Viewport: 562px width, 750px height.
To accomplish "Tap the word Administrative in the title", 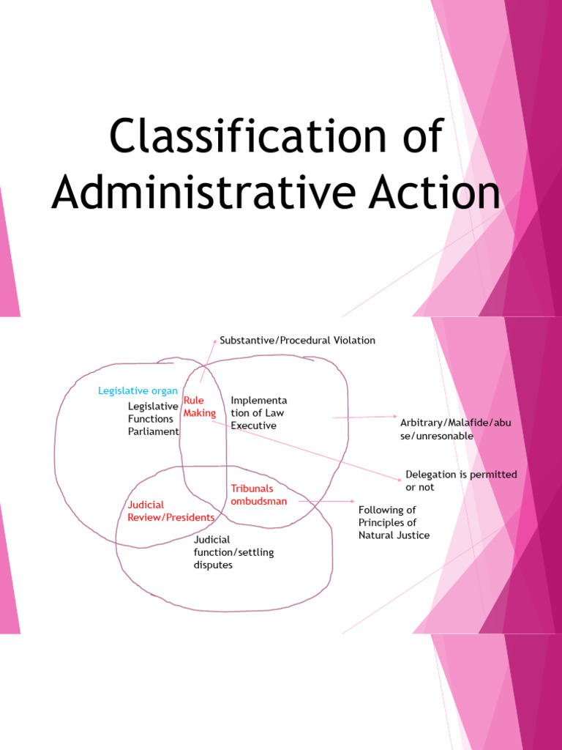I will (x=197, y=193).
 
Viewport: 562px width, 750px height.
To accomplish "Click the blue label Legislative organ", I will (x=138, y=391).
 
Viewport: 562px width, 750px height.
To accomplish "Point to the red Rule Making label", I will (x=199, y=407).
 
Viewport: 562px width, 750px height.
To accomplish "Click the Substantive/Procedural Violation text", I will (x=297, y=341).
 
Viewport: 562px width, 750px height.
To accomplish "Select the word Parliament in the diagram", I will (x=153, y=431).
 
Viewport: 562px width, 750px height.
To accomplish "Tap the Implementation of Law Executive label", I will (x=258, y=412).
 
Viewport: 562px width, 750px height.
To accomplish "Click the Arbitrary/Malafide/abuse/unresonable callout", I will (x=446, y=430).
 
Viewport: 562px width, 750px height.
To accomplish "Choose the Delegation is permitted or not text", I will (x=461, y=480).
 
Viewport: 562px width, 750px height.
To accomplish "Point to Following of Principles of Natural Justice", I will (x=394, y=522).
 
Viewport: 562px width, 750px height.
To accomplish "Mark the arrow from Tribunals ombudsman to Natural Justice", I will (x=326, y=502).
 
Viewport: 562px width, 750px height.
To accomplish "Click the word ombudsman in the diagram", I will (x=259, y=501).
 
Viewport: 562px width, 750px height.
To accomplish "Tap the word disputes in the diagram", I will (x=213, y=565).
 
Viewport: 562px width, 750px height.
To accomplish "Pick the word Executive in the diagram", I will (x=253, y=425).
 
